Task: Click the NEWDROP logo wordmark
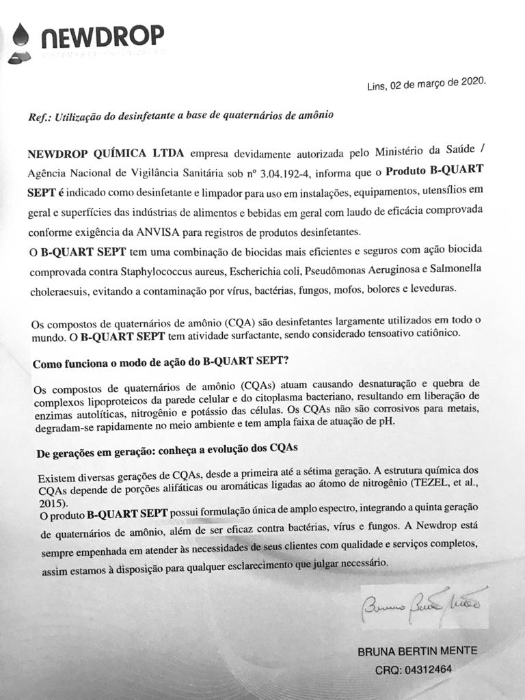(102, 35)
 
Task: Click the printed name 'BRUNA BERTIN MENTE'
(418, 651)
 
